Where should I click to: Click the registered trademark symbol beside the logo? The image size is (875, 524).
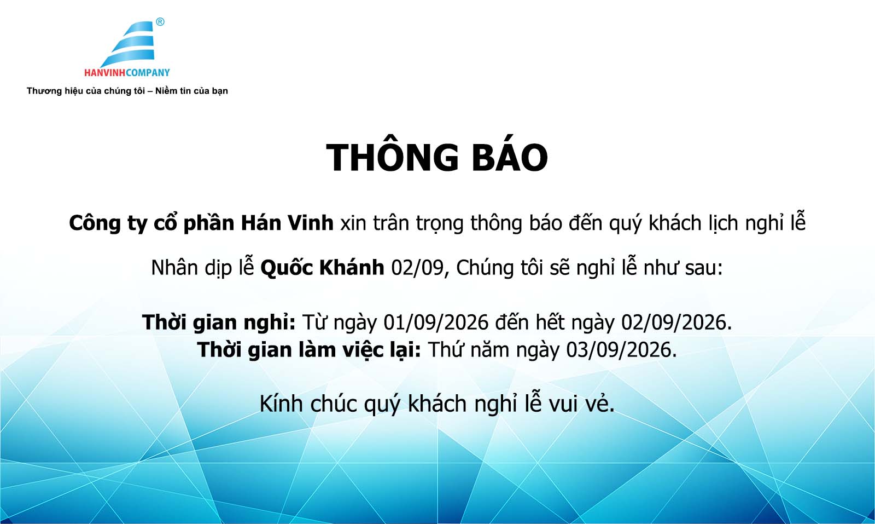point(160,22)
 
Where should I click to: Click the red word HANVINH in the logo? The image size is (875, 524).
point(105,73)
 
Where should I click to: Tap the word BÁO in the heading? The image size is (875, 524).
point(510,157)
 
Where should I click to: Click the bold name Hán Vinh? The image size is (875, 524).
point(287,223)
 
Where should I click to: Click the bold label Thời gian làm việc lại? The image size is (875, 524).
point(309,350)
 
